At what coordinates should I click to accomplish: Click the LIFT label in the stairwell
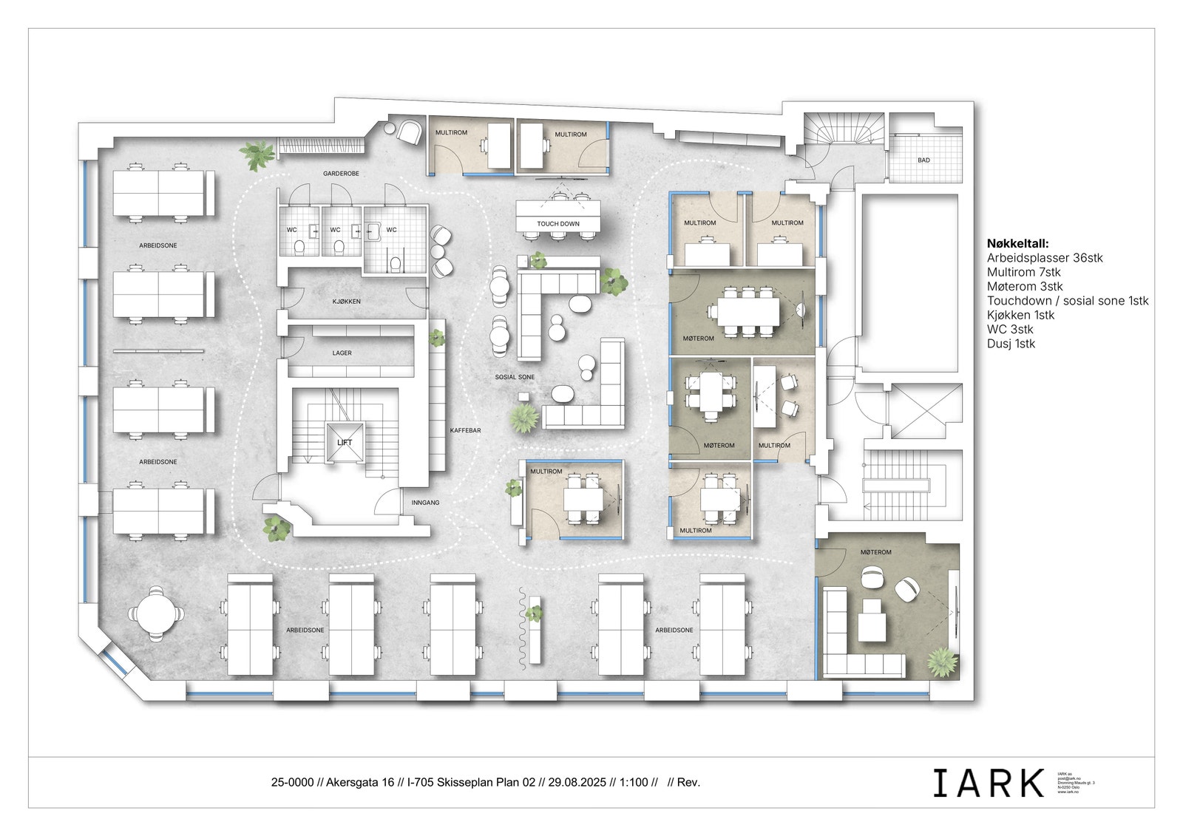click(x=345, y=443)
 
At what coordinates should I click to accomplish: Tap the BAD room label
click(x=923, y=160)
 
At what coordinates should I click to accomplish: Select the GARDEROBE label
click(x=341, y=174)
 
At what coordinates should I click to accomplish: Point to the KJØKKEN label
click(x=347, y=302)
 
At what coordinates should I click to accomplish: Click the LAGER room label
click(x=342, y=353)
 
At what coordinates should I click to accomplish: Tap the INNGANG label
click(x=425, y=503)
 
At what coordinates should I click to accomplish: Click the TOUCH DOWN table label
click(x=558, y=224)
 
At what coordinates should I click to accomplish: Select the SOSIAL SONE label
click(x=515, y=377)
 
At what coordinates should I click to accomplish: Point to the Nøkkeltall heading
click(x=1017, y=243)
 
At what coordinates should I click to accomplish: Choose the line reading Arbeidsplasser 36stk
click(x=1044, y=258)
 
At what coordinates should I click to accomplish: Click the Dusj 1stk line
click(x=1011, y=344)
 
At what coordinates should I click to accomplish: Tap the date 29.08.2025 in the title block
click(x=577, y=782)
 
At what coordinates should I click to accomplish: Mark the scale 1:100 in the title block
click(x=634, y=782)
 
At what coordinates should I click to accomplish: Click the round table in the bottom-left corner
click(x=157, y=612)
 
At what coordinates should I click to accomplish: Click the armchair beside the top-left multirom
click(x=407, y=132)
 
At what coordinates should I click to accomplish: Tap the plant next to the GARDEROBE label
click(x=257, y=155)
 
